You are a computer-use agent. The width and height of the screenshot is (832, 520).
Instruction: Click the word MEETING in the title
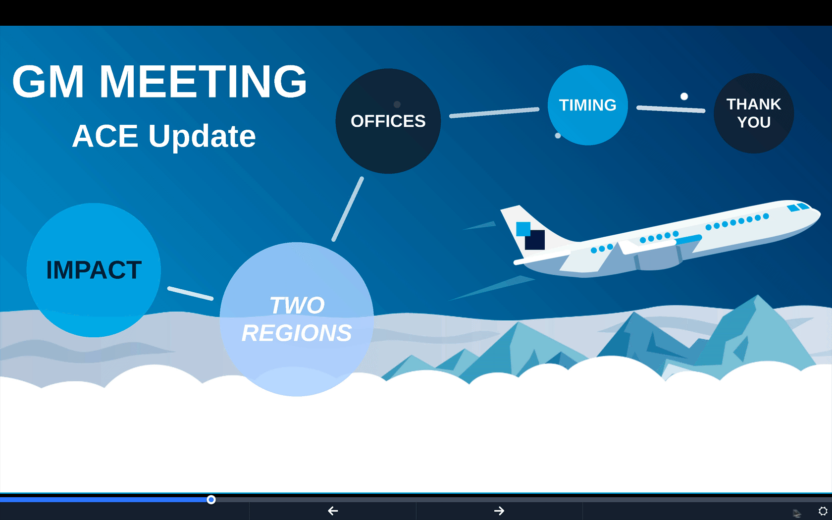(x=203, y=81)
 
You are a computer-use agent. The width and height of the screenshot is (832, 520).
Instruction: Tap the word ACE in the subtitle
(x=105, y=136)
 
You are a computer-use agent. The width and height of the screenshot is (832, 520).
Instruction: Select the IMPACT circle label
(x=94, y=269)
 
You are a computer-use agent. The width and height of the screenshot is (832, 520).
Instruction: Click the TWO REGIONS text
(x=297, y=319)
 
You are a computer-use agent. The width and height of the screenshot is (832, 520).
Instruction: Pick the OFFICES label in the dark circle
(x=388, y=121)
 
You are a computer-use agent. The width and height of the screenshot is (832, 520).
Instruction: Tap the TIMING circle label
(x=587, y=105)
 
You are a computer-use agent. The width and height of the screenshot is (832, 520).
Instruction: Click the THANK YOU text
(x=754, y=113)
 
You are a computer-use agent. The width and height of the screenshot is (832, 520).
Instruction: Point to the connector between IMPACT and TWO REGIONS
(x=191, y=293)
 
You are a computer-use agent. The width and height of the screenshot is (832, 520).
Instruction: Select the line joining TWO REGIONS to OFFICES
(x=348, y=209)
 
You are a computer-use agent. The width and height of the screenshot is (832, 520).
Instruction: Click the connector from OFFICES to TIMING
(x=494, y=112)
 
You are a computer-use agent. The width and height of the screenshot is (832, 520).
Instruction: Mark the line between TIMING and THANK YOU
(x=671, y=109)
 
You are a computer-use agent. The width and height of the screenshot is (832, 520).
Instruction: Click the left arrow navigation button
(x=333, y=511)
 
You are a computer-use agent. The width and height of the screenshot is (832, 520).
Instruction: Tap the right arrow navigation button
(x=499, y=511)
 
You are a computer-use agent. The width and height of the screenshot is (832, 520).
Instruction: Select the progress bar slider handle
(x=211, y=500)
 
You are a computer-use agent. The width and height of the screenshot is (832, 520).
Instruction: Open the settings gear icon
(x=823, y=511)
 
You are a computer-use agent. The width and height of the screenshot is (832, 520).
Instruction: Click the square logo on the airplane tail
(x=530, y=236)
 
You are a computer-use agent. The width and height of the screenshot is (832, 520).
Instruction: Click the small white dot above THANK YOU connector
(x=684, y=97)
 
